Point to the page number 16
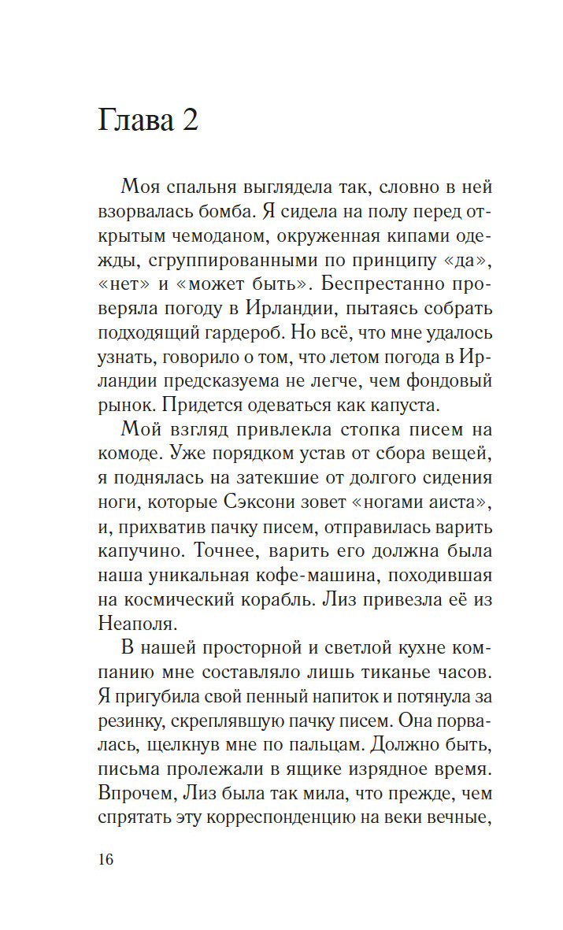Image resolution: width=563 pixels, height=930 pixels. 106,858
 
